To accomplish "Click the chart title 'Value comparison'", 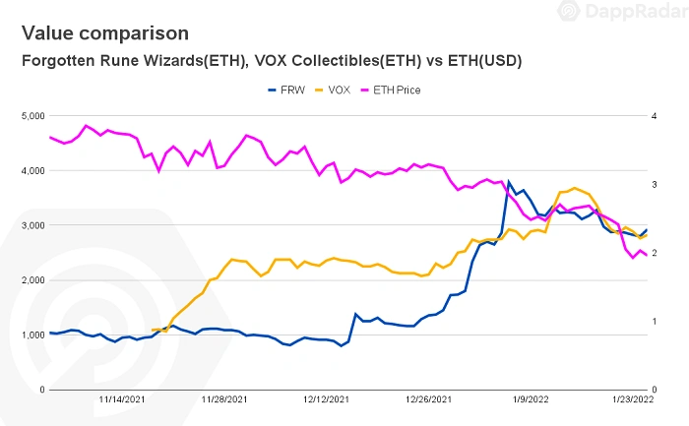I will pyautogui.click(x=104, y=33).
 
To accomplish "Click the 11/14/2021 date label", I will pyautogui.click(x=122, y=399).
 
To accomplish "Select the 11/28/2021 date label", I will pyautogui.click(x=224, y=399).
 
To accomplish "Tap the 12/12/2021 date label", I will pyautogui.click(x=326, y=399).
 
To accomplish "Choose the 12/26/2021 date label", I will pyautogui.click(x=428, y=399).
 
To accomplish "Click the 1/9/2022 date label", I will pyautogui.click(x=530, y=399).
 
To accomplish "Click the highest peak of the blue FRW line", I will pyautogui.click(x=509, y=182).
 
